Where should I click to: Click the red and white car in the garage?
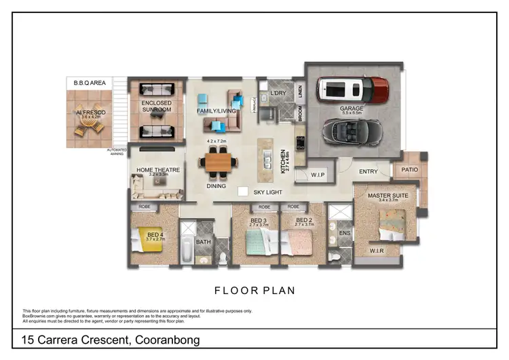click(354, 88)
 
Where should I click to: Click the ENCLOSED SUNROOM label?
click(156, 106)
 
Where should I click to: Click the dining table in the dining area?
click(218, 162)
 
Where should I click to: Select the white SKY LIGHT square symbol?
click(242, 192)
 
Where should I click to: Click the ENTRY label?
click(368, 172)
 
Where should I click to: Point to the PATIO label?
click(409, 170)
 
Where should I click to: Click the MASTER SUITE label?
click(388, 196)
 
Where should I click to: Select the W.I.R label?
click(377, 251)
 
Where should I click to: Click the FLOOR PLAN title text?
click(254, 290)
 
